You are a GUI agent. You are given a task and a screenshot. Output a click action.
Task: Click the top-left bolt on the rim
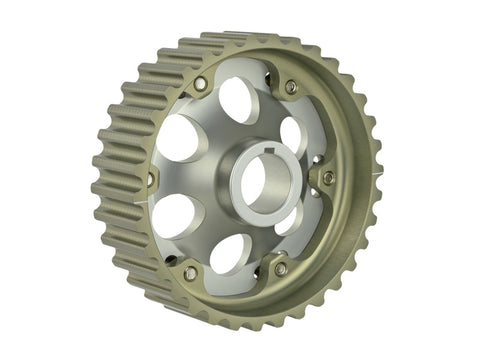click(x=200, y=85)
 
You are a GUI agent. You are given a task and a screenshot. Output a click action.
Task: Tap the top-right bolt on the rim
click(x=291, y=87)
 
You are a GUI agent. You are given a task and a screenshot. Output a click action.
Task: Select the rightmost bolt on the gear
click(x=328, y=178)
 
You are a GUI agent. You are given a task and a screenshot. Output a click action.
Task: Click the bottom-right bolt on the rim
click(x=281, y=269)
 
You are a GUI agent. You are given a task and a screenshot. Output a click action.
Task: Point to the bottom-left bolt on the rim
click(x=190, y=272)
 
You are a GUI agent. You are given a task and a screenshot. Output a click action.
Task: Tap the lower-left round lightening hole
click(x=175, y=214)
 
